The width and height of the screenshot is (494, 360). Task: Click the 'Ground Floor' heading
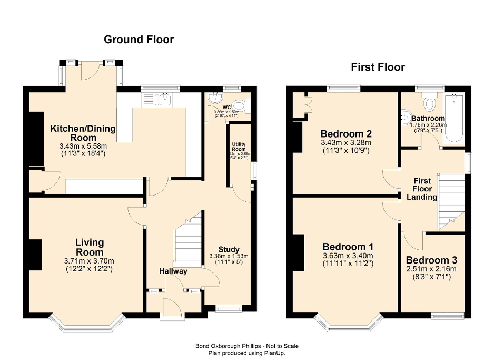coord(139,39)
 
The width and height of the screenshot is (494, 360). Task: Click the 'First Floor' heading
coord(378,67)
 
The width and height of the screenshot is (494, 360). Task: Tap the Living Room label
coord(89,247)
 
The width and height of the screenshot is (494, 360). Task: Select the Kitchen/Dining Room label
coord(83,132)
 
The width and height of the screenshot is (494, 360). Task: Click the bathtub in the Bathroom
coord(454,119)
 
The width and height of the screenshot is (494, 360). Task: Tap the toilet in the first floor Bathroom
coord(430,101)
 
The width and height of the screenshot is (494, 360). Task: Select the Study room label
coord(229,249)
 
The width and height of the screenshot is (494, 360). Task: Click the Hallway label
coord(173,271)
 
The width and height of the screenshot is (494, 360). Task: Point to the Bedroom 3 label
coord(431,260)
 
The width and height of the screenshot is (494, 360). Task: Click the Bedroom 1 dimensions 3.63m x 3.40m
coord(348,256)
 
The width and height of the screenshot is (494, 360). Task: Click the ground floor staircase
coord(188,242)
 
